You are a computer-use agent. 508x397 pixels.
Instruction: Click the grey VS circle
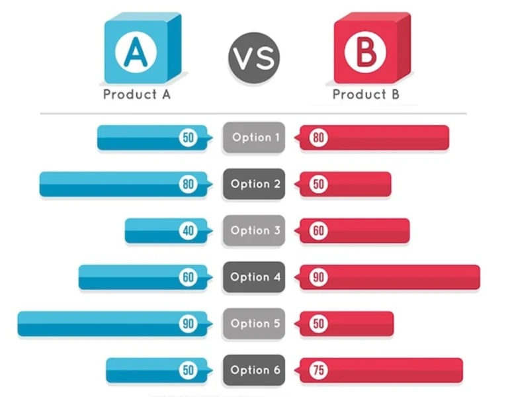254,58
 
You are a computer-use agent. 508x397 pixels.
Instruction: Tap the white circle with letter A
136,52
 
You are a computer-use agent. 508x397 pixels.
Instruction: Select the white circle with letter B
365,52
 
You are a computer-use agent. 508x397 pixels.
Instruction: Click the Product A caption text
137,95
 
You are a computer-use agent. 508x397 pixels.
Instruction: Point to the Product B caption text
366,95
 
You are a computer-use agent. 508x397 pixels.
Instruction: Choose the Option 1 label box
254,138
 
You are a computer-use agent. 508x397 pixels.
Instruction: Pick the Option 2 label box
254,184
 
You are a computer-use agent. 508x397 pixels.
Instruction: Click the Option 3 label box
254,230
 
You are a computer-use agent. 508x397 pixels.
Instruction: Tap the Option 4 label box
254,277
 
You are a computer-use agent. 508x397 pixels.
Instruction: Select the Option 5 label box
254,324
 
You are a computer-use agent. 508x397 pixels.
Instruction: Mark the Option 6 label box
254,370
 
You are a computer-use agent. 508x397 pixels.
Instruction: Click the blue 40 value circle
189,230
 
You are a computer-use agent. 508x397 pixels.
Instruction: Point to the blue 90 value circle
189,324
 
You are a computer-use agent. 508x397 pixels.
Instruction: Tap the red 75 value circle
318,370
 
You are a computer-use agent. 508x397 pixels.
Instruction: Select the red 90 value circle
318,277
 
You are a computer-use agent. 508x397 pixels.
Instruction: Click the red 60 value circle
318,230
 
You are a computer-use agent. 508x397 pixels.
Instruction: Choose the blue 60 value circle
189,277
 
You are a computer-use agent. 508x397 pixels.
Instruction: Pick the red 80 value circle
318,138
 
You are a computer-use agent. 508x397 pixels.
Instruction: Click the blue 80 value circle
189,184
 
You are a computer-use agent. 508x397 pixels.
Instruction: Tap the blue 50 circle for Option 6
189,370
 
